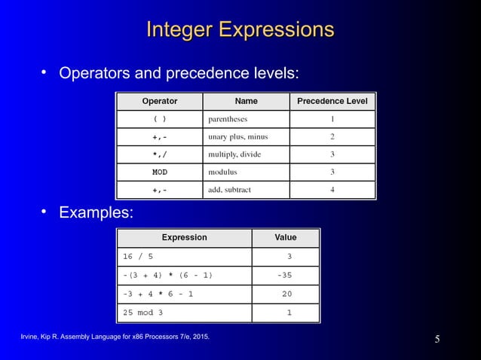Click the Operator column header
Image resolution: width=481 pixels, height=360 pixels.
tap(160, 101)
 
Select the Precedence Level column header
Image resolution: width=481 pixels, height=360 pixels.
tap(332, 101)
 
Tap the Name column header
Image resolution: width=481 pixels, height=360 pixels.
tap(246, 101)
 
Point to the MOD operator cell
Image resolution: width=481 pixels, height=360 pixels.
tap(160, 172)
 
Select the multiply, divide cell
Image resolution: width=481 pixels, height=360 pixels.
tap(234, 154)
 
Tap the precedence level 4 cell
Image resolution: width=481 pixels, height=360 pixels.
tap(332, 190)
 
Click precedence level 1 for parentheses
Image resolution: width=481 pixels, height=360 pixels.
tap(332, 119)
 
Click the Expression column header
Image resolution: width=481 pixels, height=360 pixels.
tap(184, 237)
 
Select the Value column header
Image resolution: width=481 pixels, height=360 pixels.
tap(285, 237)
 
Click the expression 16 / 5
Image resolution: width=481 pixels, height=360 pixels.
tap(138, 256)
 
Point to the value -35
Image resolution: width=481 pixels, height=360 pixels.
tap(284, 275)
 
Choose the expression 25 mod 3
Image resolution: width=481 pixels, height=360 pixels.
tap(142, 312)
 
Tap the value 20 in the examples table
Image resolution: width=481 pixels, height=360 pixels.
tap(286, 294)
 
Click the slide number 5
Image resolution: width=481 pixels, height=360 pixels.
tap(437, 338)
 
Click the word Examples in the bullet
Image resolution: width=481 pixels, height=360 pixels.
tap(97, 213)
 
